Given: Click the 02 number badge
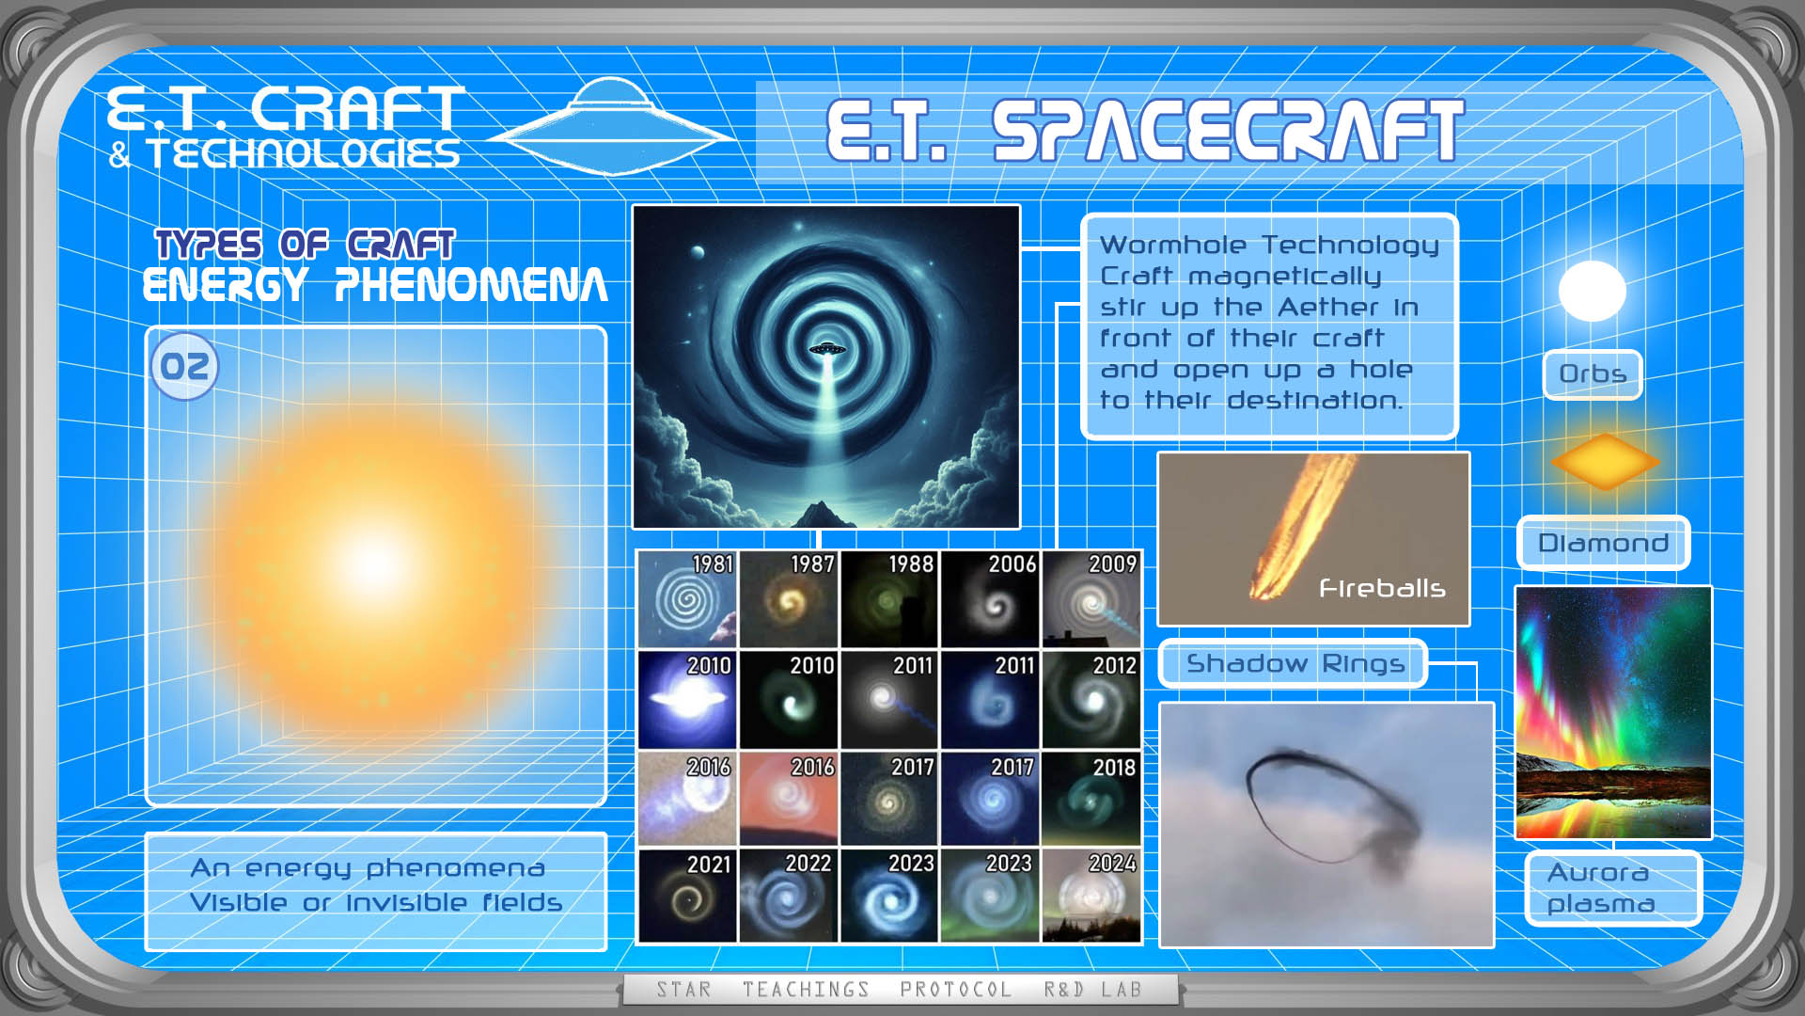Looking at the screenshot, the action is [185, 366].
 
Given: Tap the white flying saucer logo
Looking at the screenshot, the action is [611, 128].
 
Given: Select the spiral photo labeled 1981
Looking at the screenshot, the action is [687, 599].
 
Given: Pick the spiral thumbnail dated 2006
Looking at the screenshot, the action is [990, 599].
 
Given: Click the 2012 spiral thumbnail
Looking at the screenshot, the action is [1091, 700].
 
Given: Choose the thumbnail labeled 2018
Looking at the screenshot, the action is [1091, 799].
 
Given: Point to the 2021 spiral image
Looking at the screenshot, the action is [687, 896].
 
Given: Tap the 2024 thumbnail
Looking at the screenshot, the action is [1091, 896].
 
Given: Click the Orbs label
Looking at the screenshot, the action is [1593, 374].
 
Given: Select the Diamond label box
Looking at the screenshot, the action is [1603, 543].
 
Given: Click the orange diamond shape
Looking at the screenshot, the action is [1605, 461].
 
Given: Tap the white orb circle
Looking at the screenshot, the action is [1593, 291].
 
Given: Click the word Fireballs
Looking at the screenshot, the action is [1382, 589].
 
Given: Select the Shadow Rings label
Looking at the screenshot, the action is [1294, 663].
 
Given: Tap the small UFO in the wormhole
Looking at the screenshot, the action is [827, 349].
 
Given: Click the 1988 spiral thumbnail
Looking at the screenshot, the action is [889, 599].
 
